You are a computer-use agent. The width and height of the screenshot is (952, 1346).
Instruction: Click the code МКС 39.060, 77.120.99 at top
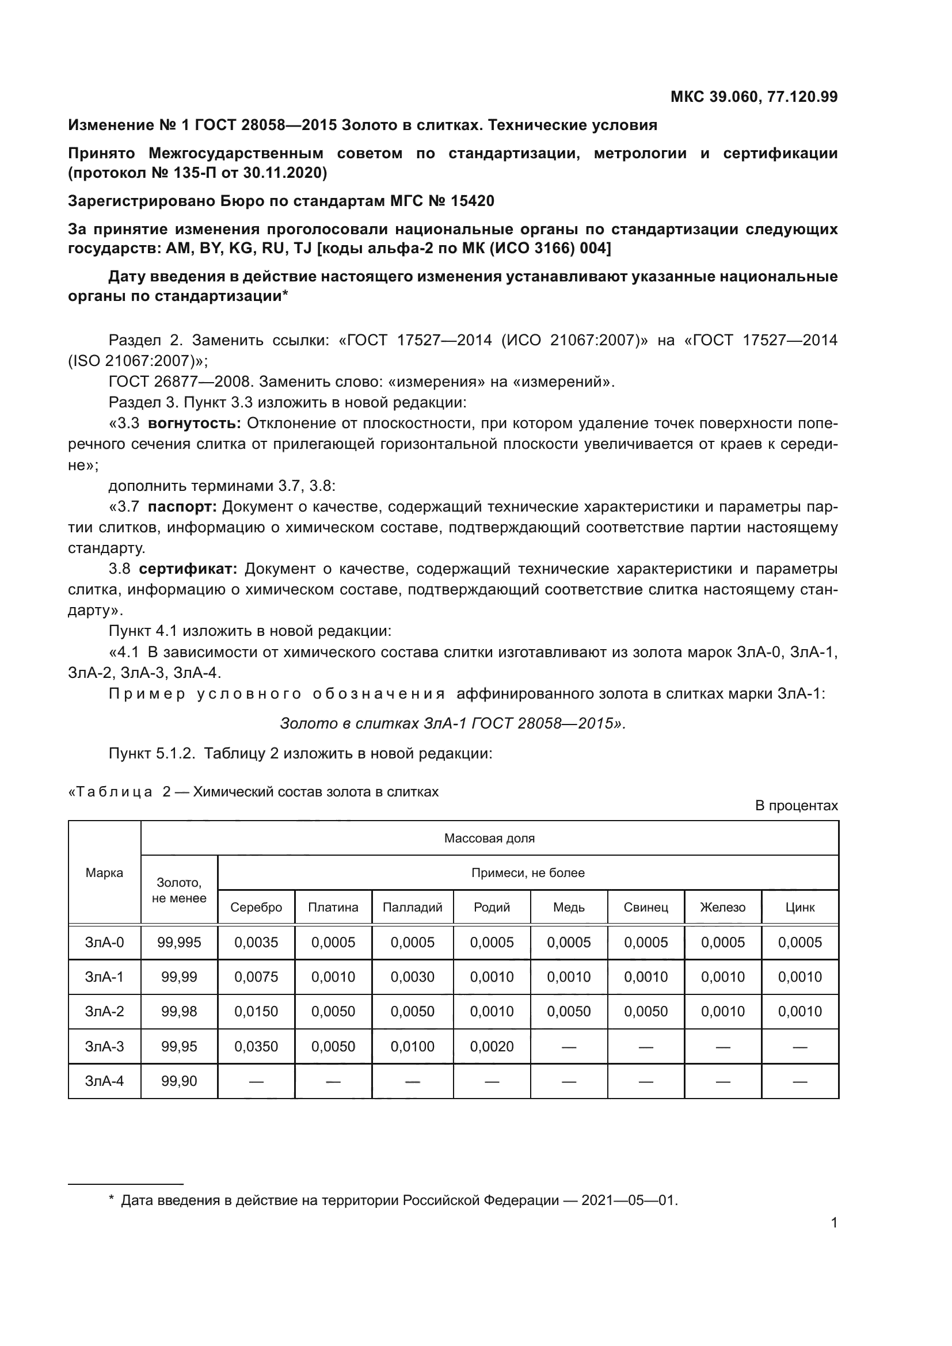[754, 97]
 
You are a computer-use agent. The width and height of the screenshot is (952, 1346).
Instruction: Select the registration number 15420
[472, 201]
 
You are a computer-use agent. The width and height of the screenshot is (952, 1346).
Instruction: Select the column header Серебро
[256, 907]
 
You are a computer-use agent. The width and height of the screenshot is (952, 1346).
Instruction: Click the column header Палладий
[412, 907]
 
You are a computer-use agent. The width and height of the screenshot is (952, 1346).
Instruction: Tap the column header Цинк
[799, 907]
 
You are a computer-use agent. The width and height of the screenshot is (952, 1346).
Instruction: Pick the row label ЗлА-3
[104, 1046]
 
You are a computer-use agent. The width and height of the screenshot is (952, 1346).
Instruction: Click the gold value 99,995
[179, 943]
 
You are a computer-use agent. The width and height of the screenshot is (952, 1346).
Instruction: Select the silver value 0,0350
[256, 1046]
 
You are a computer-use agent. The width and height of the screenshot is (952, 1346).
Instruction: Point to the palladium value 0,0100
[412, 1046]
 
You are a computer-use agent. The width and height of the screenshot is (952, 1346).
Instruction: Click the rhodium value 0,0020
[491, 1046]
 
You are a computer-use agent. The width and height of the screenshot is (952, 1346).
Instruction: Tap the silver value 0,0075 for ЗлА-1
[256, 977]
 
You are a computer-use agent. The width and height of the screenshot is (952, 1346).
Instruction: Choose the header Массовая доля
[489, 838]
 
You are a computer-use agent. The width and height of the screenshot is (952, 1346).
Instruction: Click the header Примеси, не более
[528, 873]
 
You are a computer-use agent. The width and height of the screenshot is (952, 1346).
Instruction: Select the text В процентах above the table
[796, 806]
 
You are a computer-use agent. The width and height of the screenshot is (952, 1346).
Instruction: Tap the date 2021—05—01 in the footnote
[629, 1200]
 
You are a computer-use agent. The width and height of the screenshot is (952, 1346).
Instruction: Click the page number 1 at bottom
[834, 1223]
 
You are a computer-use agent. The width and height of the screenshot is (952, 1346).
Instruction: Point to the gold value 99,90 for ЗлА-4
[179, 1081]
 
